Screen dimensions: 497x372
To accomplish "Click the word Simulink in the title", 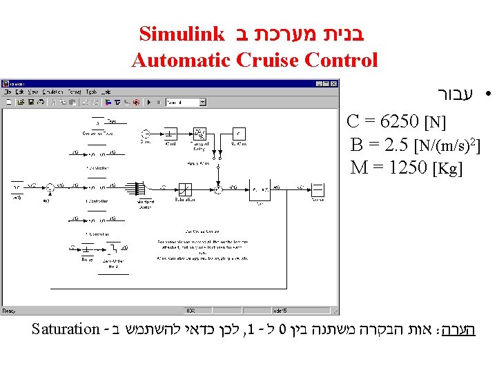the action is [x=182, y=33].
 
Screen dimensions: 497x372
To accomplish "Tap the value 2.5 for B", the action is [x=393, y=145].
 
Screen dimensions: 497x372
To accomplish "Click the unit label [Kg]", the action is [x=447, y=168].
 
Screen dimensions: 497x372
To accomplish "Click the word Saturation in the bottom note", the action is [x=66, y=329].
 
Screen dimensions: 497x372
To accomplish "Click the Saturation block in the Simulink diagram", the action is [x=185, y=188].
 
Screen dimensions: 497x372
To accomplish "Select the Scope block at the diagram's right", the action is [x=318, y=189].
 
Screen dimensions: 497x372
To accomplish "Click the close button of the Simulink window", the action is [x=335, y=84].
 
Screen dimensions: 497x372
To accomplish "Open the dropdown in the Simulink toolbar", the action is [x=202, y=102].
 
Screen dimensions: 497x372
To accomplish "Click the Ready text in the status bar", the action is [x=10, y=311].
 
